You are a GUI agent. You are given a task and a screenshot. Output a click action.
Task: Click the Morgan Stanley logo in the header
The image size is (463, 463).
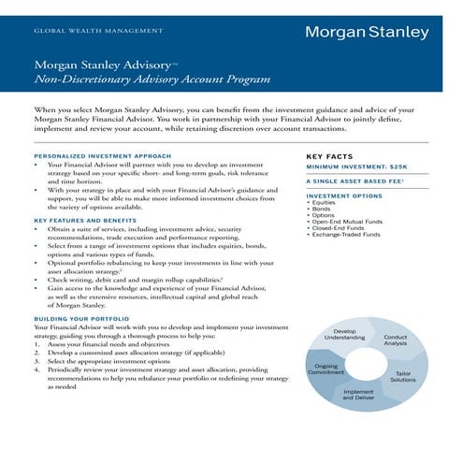pos(366,32)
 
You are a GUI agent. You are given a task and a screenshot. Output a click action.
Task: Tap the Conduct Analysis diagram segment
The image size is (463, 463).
pos(396,340)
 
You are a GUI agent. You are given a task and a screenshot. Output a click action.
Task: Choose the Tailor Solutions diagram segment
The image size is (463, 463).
pos(403,377)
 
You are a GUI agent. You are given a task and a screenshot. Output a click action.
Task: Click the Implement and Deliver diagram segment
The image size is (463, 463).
pos(359,396)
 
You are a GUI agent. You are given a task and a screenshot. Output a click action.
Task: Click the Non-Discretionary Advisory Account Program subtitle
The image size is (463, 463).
pos(152,80)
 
